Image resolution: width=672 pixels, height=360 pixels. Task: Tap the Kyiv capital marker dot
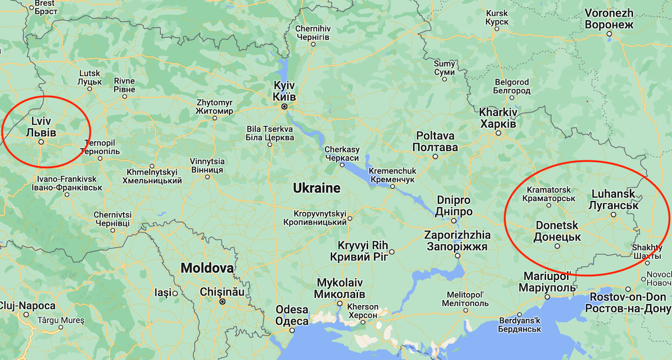pyautogui.click(x=284, y=106)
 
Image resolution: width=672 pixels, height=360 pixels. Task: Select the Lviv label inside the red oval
pyautogui.click(x=41, y=127)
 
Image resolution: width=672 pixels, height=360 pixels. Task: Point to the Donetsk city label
pyautogui.click(x=557, y=231)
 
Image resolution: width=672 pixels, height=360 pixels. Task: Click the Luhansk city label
pyautogui.click(x=613, y=199)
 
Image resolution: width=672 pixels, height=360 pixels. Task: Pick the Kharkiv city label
pyautogui.click(x=498, y=117)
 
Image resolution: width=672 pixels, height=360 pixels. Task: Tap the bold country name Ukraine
pyautogui.click(x=317, y=188)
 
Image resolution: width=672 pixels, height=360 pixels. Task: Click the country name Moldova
pyautogui.click(x=207, y=268)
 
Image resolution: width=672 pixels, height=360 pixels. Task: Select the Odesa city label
pyautogui.click(x=292, y=315)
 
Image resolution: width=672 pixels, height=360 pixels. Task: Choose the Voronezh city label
pyautogui.click(x=609, y=18)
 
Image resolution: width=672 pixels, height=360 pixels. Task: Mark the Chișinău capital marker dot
pyautogui.click(x=222, y=302)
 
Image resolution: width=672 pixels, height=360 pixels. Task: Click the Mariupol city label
pyautogui.click(x=547, y=282)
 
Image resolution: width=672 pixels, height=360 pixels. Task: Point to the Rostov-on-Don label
pyautogui.click(x=626, y=302)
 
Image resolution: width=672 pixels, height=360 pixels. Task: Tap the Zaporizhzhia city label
pyautogui.click(x=458, y=240)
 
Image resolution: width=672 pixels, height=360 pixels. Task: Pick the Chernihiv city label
pyautogui.click(x=312, y=32)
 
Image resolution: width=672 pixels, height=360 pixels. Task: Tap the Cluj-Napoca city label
pyautogui.click(x=28, y=306)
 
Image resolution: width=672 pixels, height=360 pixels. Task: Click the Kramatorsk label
pyautogui.click(x=548, y=194)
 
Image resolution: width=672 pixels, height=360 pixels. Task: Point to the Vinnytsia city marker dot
pyautogui.click(x=207, y=177)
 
